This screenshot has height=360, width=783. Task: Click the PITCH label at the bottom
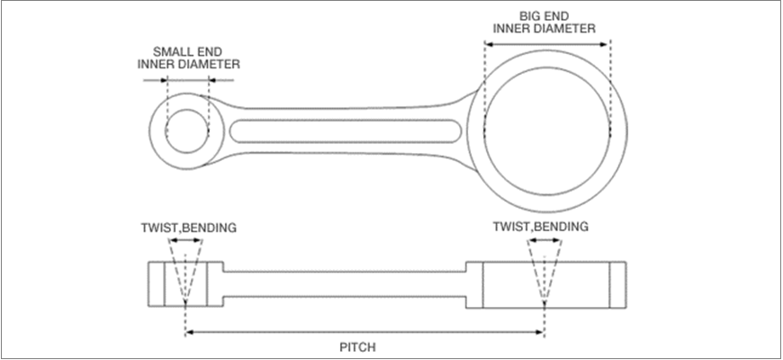[x=365, y=346]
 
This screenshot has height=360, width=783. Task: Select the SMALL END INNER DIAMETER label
[x=189, y=58]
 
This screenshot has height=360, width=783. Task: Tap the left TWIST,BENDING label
[x=188, y=227]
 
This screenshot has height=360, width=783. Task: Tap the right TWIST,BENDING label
[x=541, y=227]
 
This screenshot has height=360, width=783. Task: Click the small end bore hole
[x=187, y=130]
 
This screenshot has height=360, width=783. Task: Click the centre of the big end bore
[x=546, y=127]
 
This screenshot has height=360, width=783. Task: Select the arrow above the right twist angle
[x=544, y=240]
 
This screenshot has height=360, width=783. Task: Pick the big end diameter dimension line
[x=547, y=39]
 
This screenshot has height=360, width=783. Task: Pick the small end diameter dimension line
[x=187, y=79]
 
